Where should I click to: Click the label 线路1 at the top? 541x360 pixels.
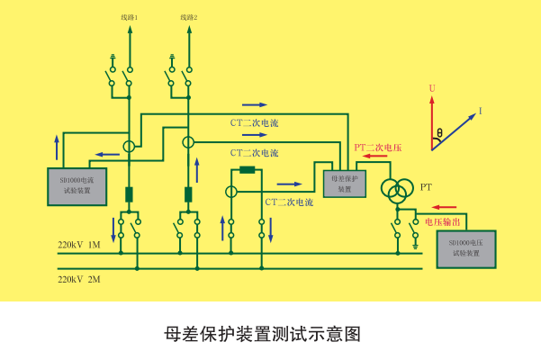tap(129, 17)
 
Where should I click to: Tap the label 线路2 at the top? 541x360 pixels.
tap(188, 17)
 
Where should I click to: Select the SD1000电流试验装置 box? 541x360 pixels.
tap(77, 186)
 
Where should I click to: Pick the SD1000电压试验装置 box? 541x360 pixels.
tap(464, 248)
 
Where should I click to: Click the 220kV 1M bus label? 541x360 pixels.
tap(79, 244)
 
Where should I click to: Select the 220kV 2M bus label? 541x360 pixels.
tap(79, 280)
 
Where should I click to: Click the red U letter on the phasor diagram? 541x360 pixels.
tap(432, 87)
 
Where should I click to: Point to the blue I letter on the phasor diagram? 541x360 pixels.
tap(480, 111)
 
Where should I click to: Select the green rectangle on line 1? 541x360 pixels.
tap(129, 194)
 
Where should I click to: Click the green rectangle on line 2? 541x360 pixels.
tap(188, 194)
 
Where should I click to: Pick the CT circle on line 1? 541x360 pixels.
tap(129, 146)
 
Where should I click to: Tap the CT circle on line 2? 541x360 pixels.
tap(188, 142)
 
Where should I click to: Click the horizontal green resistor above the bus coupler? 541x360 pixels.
tap(248, 169)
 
